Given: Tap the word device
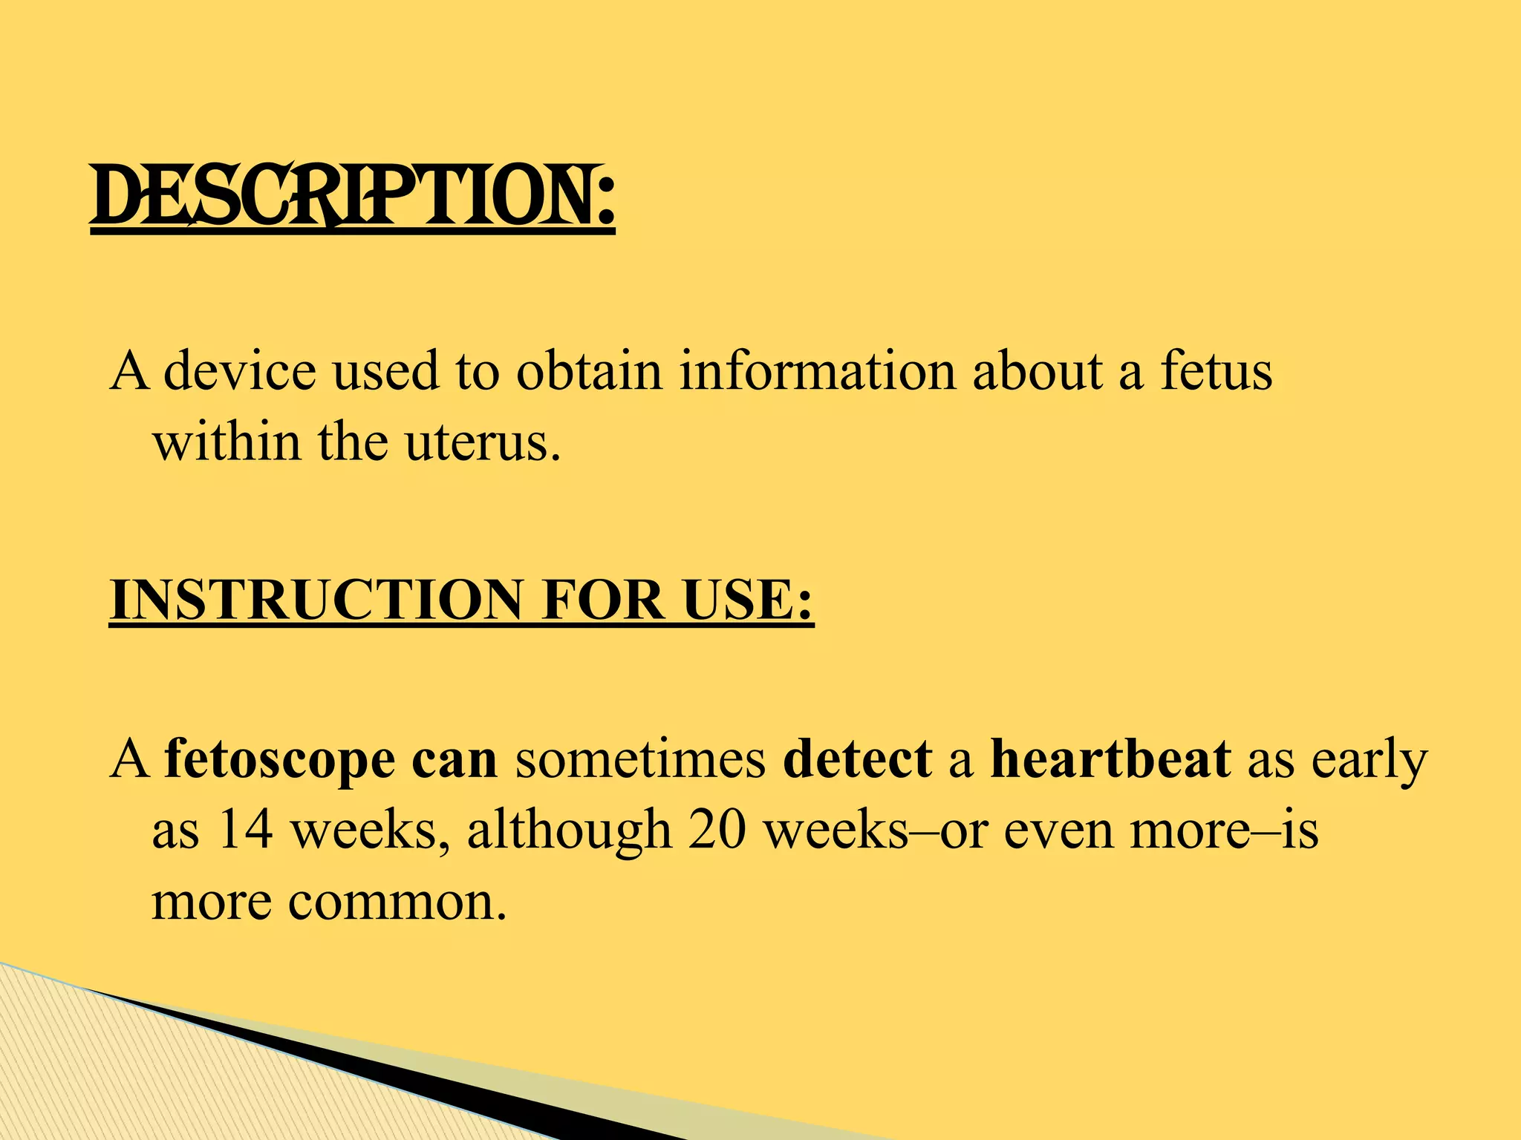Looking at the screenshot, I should coord(239,370).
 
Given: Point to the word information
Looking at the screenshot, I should coord(817,370).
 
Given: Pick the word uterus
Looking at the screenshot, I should coord(482,442).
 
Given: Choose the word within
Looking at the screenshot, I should coord(227,442).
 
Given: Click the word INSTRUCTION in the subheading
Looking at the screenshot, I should coord(316,600).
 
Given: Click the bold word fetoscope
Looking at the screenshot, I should coord(280,760).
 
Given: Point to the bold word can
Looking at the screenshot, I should coord(455,760).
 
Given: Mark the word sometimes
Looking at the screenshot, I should coord(640,760).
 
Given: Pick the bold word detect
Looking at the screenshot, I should coord(857,760).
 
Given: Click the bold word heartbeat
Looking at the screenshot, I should coord(1110,760).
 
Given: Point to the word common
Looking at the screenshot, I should coord(397,902).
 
